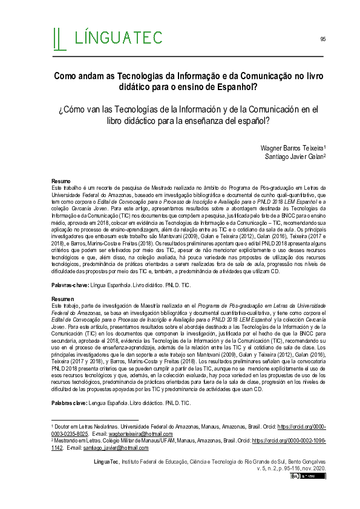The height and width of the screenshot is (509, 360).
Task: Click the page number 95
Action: [323, 39]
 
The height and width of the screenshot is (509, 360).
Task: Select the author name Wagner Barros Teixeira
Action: [292, 148]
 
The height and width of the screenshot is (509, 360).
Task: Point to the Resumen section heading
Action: [62, 299]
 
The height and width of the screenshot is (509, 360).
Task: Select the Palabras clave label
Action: [68, 402]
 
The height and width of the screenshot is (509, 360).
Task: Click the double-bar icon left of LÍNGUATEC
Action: [59, 38]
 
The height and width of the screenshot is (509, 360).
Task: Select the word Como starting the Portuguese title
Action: [66, 76]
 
